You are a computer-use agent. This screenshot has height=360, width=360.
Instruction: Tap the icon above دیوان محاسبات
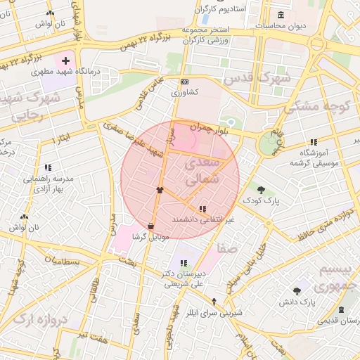tap(281, 15)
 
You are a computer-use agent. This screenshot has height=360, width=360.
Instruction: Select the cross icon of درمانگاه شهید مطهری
tap(66, 61)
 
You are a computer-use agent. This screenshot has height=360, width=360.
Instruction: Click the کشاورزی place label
tap(184, 92)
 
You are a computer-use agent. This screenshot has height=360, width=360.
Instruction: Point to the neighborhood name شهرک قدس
tap(257, 78)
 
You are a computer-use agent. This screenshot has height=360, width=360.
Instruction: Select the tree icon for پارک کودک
tap(261, 190)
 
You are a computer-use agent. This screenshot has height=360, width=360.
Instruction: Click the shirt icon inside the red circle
tap(160, 190)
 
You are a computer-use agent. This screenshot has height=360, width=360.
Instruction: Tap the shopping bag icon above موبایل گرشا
tap(151, 226)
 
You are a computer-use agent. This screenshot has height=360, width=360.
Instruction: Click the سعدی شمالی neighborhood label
tap(203, 172)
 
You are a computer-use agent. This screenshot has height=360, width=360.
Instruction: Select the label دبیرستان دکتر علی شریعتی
tap(184, 279)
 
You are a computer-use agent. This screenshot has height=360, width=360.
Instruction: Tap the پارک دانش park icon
tap(297, 291)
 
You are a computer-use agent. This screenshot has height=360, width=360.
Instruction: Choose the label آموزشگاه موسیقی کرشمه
tap(311, 157)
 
